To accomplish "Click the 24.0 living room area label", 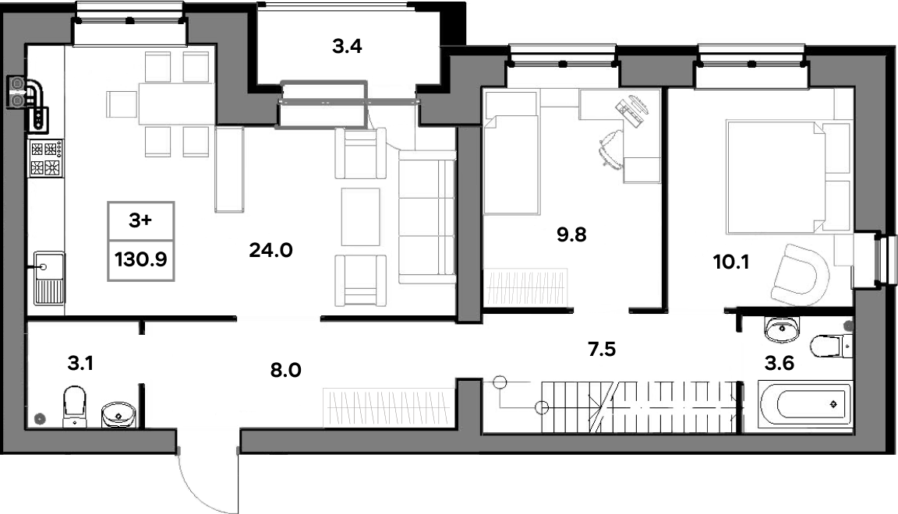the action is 271,250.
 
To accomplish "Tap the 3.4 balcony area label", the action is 347,47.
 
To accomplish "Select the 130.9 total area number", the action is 141,260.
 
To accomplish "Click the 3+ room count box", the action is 141,221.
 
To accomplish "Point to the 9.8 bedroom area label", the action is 571,234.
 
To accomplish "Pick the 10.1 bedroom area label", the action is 730,262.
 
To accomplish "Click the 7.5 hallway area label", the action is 602,349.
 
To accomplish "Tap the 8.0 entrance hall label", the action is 286,371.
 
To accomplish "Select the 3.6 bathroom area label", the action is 780,363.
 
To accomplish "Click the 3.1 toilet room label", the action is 80,363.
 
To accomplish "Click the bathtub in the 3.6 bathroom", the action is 805,405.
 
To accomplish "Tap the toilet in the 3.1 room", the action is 74,407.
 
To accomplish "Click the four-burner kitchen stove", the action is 47,159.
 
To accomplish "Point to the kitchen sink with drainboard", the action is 49,279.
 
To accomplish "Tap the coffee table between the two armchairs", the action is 361,217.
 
